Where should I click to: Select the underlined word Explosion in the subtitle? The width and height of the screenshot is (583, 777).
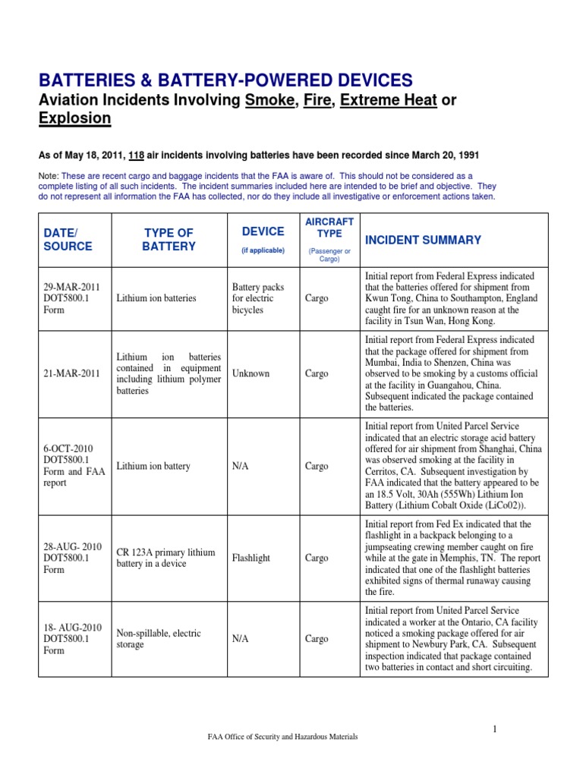coord(74,118)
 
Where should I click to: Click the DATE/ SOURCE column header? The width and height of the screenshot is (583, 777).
coord(68,239)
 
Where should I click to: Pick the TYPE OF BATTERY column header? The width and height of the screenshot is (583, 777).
coord(169,239)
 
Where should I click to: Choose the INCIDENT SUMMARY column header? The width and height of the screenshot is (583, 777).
coord(423,240)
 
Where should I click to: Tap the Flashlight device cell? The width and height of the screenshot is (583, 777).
coord(251,558)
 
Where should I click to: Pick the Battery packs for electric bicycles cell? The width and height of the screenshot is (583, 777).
coord(257,298)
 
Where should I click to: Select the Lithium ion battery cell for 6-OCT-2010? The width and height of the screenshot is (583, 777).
coord(153,466)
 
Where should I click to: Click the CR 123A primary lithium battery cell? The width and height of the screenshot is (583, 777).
coord(165,558)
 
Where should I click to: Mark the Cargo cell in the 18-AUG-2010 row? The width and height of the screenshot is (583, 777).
coord(317,639)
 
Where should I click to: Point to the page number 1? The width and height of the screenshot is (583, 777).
coord(493,729)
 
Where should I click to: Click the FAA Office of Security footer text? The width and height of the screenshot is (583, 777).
coord(282,737)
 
